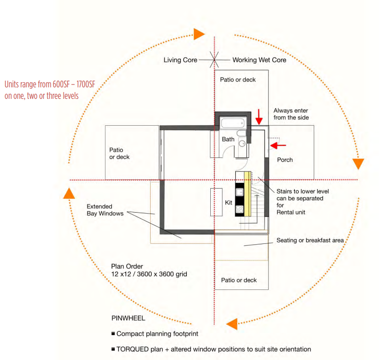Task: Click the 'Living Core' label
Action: coord(180,60)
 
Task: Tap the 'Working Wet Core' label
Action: coord(259,60)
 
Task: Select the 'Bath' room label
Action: coord(228,139)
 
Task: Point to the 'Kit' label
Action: coord(229,203)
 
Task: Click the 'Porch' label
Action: coord(285,160)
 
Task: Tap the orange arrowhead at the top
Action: coord(199,34)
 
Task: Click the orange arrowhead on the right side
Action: coord(358,163)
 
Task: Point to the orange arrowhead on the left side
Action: coord(69,193)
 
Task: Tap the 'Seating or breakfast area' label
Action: coord(310,240)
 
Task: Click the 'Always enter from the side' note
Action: coord(291,114)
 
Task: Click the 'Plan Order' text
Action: coord(127,266)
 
